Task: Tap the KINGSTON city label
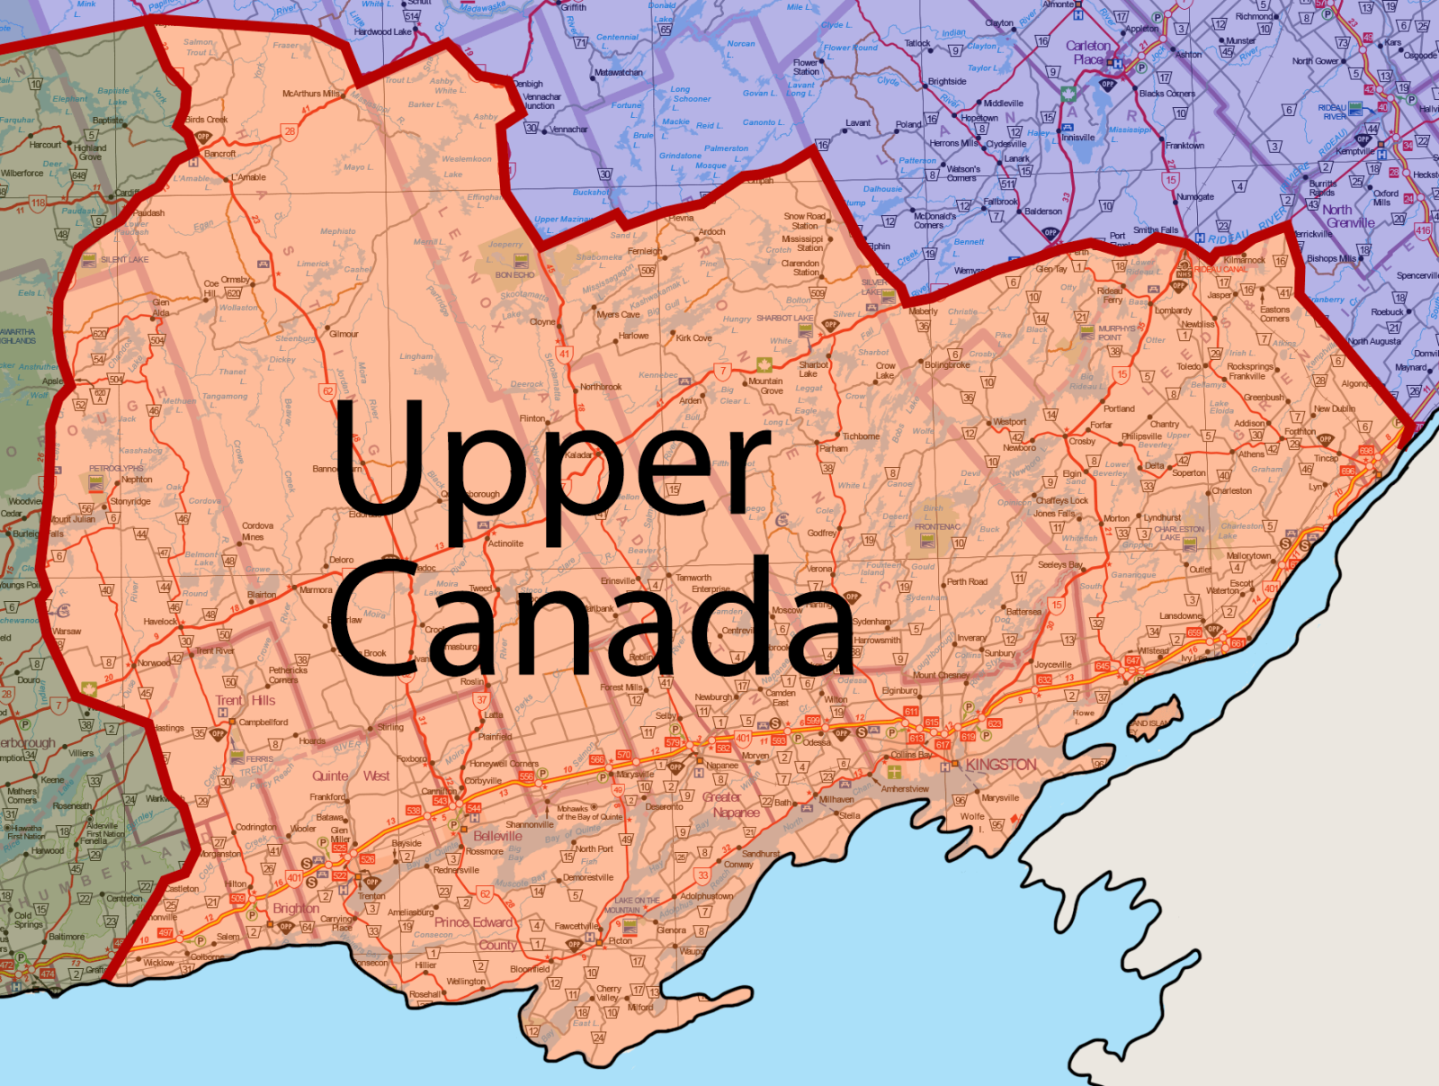click(x=1001, y=765)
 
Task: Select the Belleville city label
click(x=497, y=836)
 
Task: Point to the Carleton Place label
click(x=1087, y=52)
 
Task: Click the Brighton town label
click(x=296, y=909)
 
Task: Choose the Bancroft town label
click(x=219, y=154)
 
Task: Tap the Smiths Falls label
click(x=1157, y=230)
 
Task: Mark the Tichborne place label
click(x=861, y=436)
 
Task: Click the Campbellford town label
click(x=263, y=723)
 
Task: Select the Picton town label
click(x=621, y=941)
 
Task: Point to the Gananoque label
click(x=1133, y=575)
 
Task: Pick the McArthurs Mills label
click(x=311, y=94)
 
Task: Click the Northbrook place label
click(x=601, y=387)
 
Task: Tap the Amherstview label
click(x=905, y=789)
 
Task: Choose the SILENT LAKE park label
click(x=125, y=259)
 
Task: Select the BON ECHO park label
click(x=514, y=275)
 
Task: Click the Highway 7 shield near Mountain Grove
click(x=722, y=371)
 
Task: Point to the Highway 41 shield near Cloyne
click(x=564, y=354)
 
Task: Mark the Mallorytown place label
click(x=1248, y=556)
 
